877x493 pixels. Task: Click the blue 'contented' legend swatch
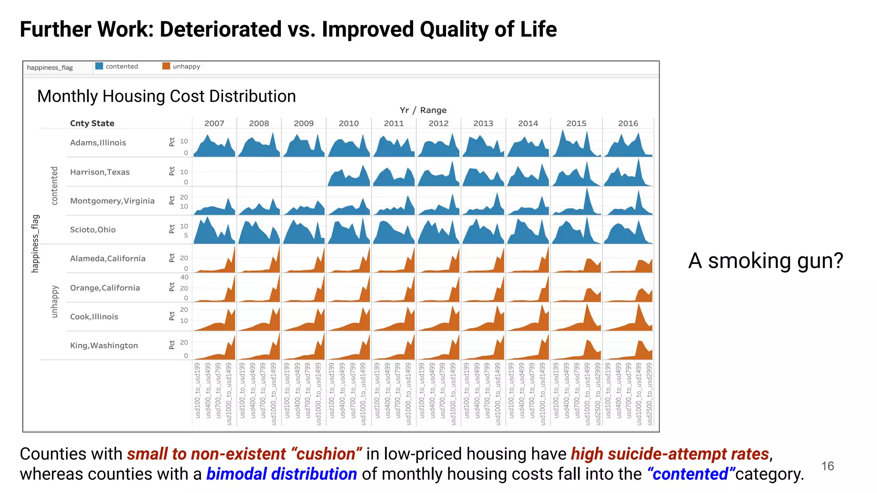[99, 66]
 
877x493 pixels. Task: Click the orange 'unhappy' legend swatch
[166, 66]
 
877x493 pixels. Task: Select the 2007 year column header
[214, 123]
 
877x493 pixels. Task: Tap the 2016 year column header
[628, 123]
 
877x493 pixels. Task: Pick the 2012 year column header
[438, 123]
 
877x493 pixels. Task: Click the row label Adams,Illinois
[98, 143]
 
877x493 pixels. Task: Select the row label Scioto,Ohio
[93, 230]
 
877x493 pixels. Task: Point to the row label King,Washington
[104, 345]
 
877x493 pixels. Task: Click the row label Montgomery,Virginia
[112, 201]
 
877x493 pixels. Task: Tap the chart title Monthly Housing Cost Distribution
[167, 96]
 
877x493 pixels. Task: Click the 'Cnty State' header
[92, 123]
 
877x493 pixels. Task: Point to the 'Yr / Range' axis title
[423, 110]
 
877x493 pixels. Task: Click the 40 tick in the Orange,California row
[184, 277]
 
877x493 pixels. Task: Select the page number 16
[827, 466]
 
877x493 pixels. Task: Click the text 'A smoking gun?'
[766, 260]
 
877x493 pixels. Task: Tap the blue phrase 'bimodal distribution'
[281, 474]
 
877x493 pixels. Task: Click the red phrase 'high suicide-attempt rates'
[670, 454]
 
